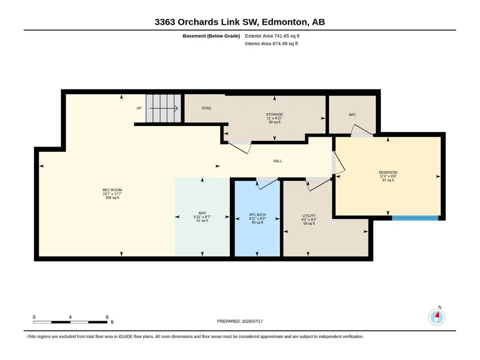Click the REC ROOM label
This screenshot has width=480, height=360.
(x=112, y=190)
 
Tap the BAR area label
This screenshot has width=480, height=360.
(x=202, y=213)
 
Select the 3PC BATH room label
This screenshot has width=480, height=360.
(x=257, y=215)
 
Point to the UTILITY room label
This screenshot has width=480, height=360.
(x=309, y=216)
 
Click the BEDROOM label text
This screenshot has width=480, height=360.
(x=388, y=172)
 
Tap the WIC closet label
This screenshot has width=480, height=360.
(x=352, y=115)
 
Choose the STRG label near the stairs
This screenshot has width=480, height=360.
(x=207, y=108)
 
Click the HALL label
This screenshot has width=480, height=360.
(x=278, y=161)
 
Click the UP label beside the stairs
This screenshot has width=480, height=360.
(x=139, y=108)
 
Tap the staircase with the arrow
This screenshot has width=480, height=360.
(x=163, y=108)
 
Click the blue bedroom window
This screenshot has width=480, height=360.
(x=415, y=218)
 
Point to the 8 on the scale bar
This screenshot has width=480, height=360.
(x=107, y=317)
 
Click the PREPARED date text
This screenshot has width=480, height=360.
(x=240, y=321)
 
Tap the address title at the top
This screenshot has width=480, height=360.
(x=240, y=22)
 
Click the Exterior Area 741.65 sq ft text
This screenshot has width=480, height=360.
(x=272, y=36)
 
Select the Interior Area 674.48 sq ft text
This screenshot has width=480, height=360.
(x=271, y=44)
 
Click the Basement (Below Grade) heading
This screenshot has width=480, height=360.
(x=211, y=36)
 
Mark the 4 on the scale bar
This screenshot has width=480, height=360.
(x=70, y=317)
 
